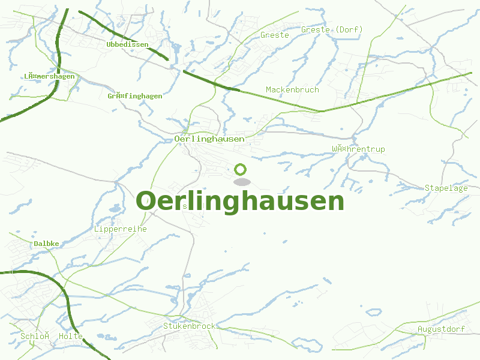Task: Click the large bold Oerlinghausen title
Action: click(x=240, y=201)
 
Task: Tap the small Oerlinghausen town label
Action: click(x=209, y=139)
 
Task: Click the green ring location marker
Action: click(x=241, y=170)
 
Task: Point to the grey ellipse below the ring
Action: click(x=241, y=182)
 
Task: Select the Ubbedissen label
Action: click(x=127, y=44)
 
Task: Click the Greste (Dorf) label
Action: click(x=332, y=29)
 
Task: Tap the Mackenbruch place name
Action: click(x=292, y=89)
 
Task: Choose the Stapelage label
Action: click(x=446, y=188)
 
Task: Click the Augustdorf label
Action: click(x=441, y=329)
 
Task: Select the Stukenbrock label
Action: click(x=189, y=326)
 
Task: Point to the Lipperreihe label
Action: click(x=120, y=229)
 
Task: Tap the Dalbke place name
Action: click(x=46, y=244)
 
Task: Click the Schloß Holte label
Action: click(x=51, y=336)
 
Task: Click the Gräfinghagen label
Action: click(x=134, y=96)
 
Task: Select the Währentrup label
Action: click(x=358, y=149)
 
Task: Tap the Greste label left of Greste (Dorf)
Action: click(x=274, y=35)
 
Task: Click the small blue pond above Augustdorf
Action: click(x=374, y=312)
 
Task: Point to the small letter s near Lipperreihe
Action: click(x=185, y=206)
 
